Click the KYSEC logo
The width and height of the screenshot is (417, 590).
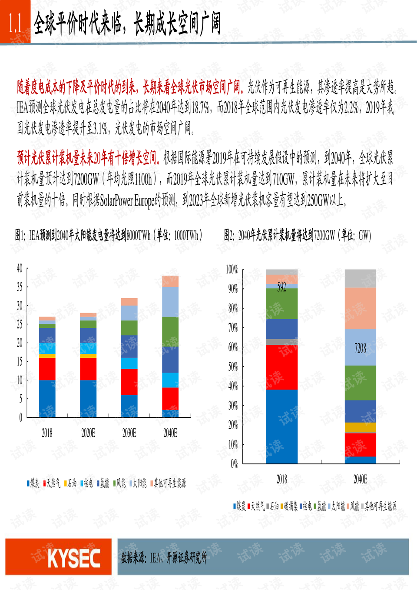pos(73,558)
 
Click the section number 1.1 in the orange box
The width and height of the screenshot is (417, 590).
pos(15,23)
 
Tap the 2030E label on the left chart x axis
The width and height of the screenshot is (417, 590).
pos(129,433)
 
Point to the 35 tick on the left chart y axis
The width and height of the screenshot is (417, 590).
pos(20,287)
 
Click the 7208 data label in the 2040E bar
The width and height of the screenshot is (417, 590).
pos(360,348)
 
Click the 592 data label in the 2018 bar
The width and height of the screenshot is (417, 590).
pos(281,287)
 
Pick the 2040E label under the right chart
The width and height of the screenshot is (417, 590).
pos(360,479)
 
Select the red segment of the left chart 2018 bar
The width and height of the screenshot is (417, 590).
pos(47,369)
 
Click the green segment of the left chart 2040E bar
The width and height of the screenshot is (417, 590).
pos(170,331)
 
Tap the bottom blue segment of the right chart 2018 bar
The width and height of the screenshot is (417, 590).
pos(281,426)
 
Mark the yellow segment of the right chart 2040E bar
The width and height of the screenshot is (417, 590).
pos(360,427)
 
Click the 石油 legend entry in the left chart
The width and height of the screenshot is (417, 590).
pos(70,483)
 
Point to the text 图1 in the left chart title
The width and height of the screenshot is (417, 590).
pos(20,236)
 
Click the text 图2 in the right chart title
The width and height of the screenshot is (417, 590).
pos(229,235)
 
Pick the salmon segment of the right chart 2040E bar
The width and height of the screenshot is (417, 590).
pos(360,308)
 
